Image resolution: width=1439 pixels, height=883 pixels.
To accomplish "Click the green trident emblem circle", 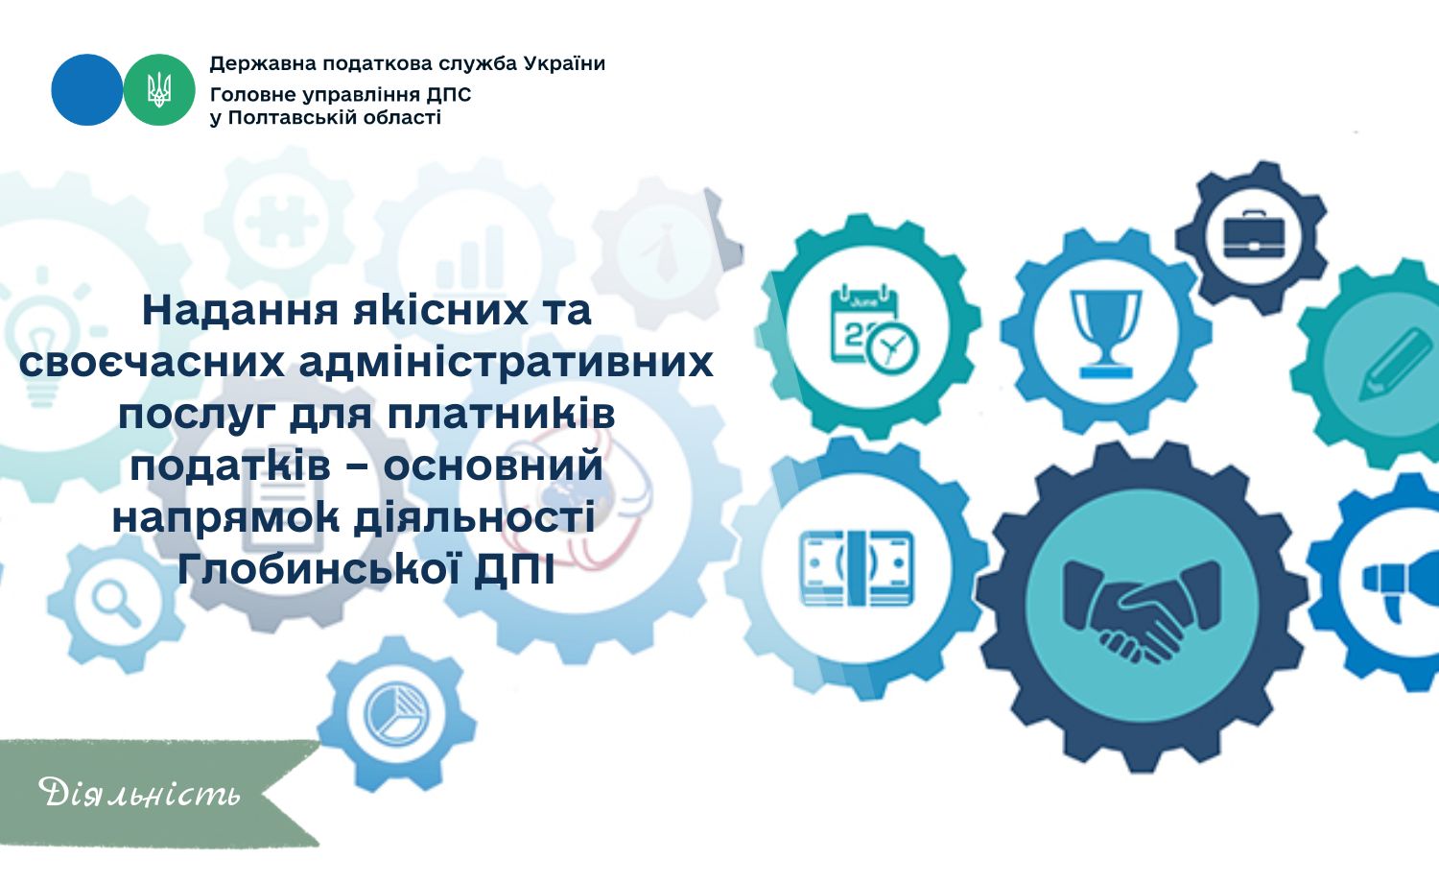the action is [158, 90].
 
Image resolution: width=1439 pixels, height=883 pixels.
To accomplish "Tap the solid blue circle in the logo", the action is [86, 90].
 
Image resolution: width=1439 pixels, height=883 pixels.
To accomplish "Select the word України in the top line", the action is [564, 63].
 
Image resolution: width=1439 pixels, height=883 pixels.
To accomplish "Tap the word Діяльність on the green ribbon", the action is [139, 793].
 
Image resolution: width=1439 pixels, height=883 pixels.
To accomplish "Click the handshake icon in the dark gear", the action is [1141, 610].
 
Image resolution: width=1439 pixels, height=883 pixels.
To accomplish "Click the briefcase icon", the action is [1253, 234].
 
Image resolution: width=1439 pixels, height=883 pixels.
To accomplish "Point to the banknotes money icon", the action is [857, 568].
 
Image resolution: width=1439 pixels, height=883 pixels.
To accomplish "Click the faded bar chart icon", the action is [469, 258].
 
